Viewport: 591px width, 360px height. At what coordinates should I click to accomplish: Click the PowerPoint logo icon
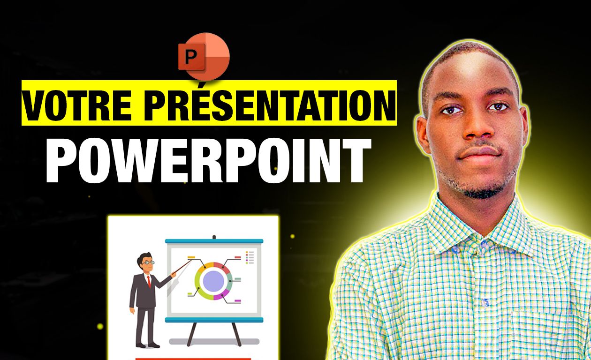(x=204, y=57)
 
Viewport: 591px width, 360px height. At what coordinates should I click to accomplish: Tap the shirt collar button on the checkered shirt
(x=484, y=243)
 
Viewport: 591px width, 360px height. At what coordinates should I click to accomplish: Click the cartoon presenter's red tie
(x=149, y=281)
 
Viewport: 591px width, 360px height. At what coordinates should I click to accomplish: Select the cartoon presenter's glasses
(x=148, y=262)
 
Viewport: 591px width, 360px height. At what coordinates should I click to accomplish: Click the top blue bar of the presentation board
(x=214, y=241)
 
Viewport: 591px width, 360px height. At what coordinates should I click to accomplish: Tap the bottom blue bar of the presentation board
(x=214, y=320)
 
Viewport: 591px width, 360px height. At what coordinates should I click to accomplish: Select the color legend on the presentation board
(x=250, y=257)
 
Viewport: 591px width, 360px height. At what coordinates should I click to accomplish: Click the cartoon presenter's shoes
(x=147, y=345)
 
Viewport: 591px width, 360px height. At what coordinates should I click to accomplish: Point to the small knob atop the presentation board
(x=214, y=237)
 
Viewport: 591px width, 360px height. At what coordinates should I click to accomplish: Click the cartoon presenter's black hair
(x=144, y=257)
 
